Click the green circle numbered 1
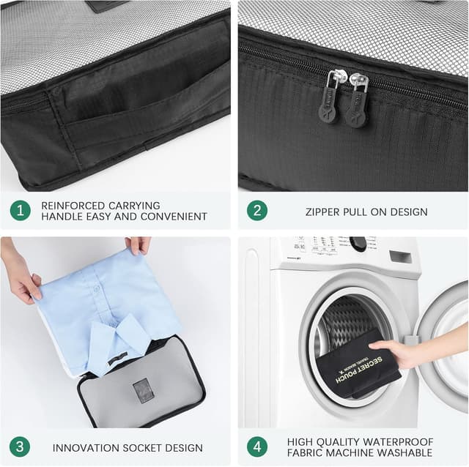point(20,211)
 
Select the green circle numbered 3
point(20,447)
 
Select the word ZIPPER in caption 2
point(324,212)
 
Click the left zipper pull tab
point(330,102)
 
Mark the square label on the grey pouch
point(143,390)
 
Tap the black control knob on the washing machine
point(358,244)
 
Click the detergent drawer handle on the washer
point(400,256)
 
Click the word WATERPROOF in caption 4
point(400,442)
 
